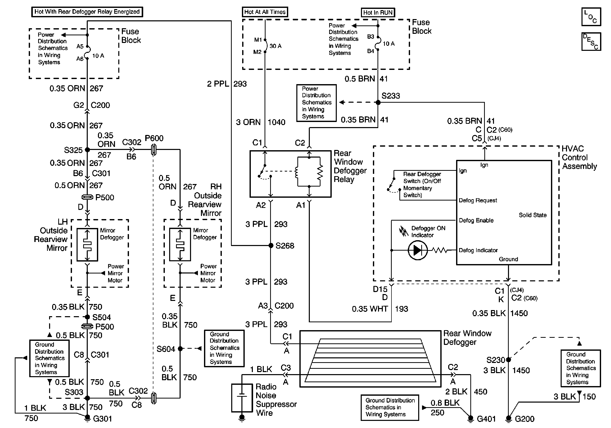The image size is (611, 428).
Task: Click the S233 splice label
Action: pos(390,96)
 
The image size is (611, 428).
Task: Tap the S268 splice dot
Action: pos(271,245)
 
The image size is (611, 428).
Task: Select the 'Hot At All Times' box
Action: pos(265,12)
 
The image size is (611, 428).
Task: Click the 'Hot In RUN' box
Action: pos(378,12)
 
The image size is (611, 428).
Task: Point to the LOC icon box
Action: pos(591,17)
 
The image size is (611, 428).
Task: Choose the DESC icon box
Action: pos(591,41)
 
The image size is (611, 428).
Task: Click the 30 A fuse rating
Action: pos(275,46)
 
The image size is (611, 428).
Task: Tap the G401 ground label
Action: pos(486,419)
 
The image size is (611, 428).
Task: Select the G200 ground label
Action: pos(525,419)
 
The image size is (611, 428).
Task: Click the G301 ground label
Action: pos(103,419)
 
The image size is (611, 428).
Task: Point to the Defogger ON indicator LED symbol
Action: pos(417,250)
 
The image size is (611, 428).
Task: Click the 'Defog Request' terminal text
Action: pos(478,201)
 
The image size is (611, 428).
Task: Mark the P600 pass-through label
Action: pos(154,138)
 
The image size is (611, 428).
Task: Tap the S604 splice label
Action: pos(166,349)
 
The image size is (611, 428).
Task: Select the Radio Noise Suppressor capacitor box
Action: pos(242,398)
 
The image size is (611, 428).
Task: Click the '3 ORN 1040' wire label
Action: pos(260,122)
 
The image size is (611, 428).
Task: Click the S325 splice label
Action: pos(73,150)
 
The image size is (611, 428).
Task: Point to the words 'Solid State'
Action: pos(532,215)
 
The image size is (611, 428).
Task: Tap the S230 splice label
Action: pos(496,360)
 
